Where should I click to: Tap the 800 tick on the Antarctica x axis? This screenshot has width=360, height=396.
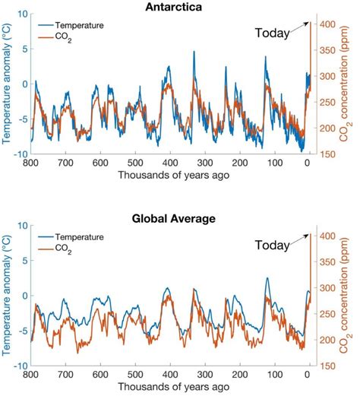pyautogui.click(x=31, y=163)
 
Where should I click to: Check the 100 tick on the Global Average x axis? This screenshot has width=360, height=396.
pyautogui.click(x=273, y=375)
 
